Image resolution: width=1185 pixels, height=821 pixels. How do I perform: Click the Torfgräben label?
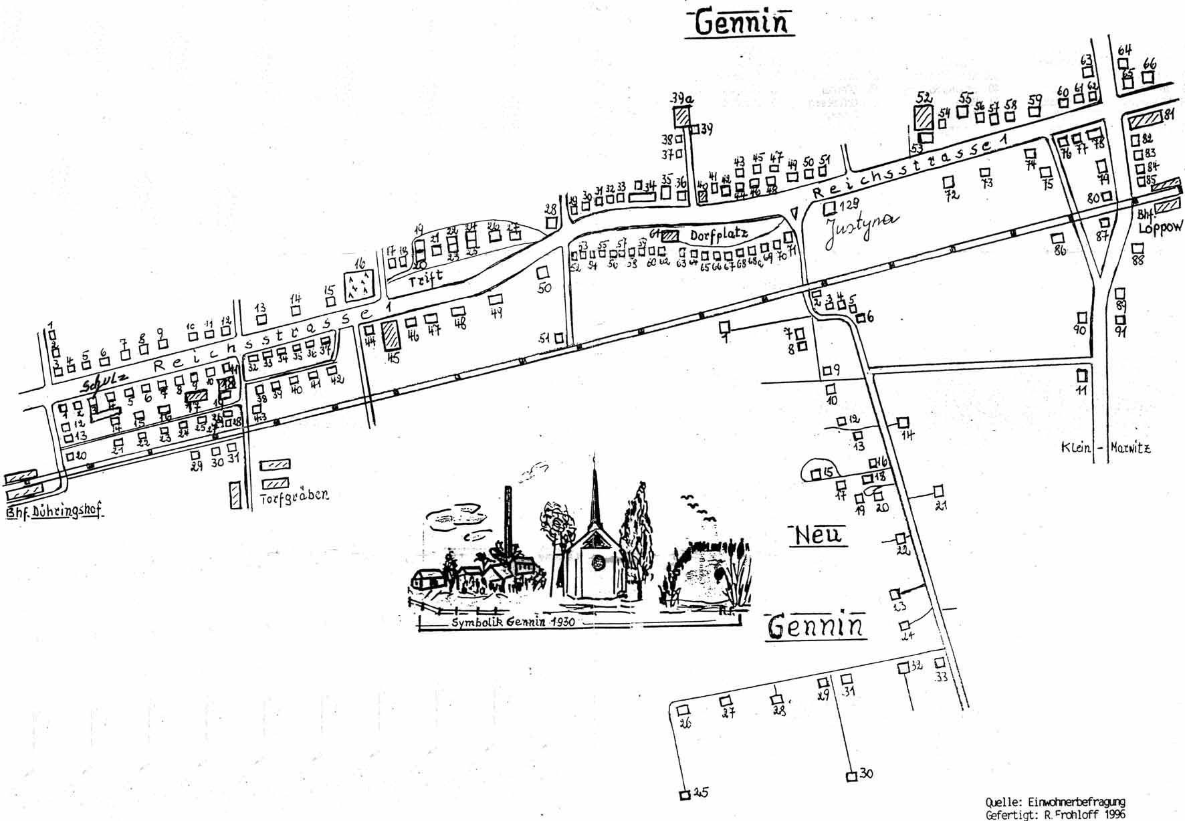(x=294, y=497)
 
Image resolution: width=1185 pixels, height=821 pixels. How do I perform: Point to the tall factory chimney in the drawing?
(x=510, y=521)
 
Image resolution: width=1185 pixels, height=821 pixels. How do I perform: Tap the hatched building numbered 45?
(x=390, y=335)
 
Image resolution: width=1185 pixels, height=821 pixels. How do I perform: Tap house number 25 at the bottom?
(x=684, y=795)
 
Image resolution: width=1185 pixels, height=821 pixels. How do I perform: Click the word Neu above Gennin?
(x=819, y=535)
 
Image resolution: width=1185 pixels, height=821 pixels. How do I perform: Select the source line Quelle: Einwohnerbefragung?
(x=1055, y=802)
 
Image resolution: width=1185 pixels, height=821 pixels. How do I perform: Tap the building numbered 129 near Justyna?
(x=830, y=208)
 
